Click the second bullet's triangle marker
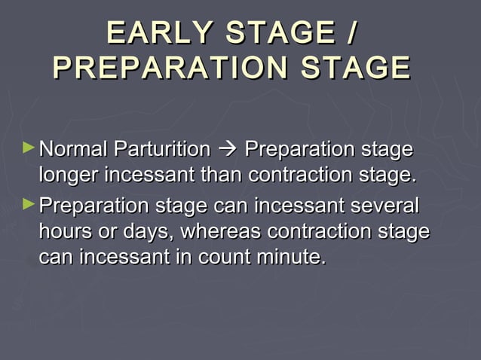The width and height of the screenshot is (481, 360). [x=29, y=203]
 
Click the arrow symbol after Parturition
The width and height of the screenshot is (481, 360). [x=228, y=149]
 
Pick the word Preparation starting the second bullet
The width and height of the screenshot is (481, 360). [x=96, y=204]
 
